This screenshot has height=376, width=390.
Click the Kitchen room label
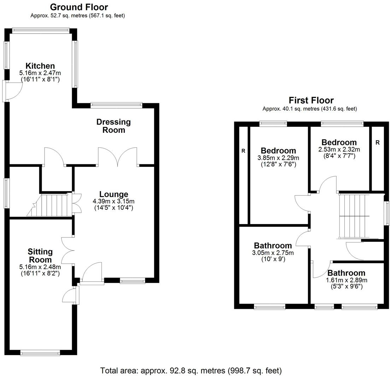point(40,66)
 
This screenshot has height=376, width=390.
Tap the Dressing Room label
point(113,126)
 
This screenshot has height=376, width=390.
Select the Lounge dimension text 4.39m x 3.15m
point(113,201)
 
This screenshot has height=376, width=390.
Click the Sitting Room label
point(40,255)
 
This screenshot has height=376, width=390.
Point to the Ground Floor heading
point(79,7)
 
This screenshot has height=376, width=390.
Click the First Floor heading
point(311,100)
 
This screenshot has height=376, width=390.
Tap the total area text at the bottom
point(191,371)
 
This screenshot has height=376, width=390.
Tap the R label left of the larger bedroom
point(243,151)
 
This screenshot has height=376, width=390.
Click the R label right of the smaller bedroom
point(377,142)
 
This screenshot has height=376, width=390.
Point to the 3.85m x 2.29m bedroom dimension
point(278,158)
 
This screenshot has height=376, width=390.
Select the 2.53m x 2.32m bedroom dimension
point(339,149)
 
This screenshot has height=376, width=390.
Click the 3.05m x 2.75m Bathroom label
point(273,246)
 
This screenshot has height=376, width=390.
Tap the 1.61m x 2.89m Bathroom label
point(346,273)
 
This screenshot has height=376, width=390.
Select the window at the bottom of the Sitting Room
point(40,352)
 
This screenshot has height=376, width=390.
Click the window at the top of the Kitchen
point(41,31)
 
